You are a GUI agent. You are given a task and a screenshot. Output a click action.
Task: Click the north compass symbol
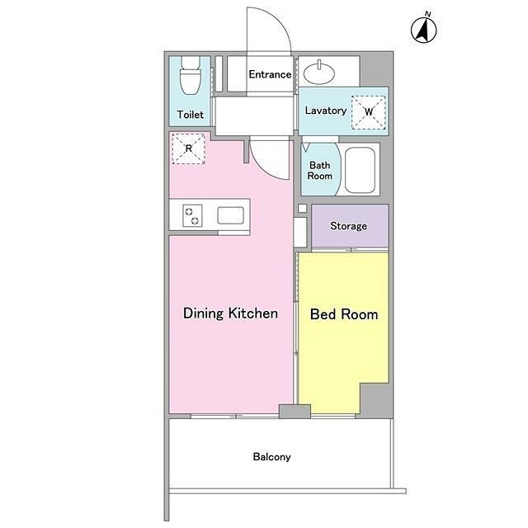point(423,29)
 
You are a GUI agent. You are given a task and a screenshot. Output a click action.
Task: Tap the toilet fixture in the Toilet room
point(191,75)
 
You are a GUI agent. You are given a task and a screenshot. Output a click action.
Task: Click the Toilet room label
point(191,115)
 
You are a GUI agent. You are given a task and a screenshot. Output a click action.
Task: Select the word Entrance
point(270,74)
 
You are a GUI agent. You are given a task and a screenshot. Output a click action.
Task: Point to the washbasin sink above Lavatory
point(319,73)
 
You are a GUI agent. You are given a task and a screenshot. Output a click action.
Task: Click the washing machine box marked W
point(369,112)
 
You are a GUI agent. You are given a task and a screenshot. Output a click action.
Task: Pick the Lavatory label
point(326,111)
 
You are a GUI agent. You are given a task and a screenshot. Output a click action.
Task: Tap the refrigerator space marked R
point(189,148)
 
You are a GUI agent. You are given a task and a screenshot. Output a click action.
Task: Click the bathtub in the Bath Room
point(360,171)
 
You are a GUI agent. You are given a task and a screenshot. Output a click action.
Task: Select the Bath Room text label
point(319,171)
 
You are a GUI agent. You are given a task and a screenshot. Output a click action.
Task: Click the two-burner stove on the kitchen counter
point(192,215)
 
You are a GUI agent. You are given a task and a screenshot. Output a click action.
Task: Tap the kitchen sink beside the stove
point(230,215)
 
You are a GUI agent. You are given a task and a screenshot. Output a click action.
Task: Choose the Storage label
point(348,225)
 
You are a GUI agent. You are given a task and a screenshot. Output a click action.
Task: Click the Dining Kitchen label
point(230,313)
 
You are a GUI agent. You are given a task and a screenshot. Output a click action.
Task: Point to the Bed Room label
point(344,314)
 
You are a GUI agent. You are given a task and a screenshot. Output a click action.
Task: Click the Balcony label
point(271,456)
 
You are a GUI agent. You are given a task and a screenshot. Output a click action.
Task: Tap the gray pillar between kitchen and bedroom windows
point(295,411)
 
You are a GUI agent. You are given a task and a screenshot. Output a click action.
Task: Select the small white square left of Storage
point(303,208)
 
